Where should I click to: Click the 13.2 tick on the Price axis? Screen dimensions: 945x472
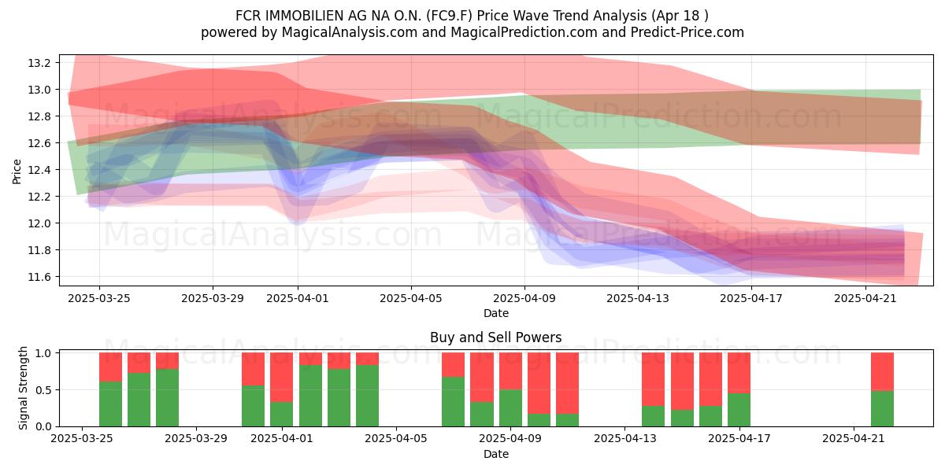click(39, 63)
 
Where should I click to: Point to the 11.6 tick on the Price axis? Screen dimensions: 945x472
click(39, 277)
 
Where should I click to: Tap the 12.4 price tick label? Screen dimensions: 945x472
click(39, 170)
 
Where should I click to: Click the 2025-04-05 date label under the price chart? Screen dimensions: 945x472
click(411, 299)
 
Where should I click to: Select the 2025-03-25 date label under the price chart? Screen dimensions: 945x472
click(99, 299)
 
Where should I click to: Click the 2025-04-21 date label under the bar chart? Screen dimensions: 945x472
click(854, 439)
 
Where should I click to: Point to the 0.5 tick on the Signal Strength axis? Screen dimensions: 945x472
click(43, 390)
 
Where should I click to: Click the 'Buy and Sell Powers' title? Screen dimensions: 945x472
click(495, 337)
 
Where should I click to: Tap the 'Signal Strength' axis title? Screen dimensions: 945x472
click(23, 388)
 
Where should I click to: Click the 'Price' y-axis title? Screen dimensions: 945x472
click(17, 171)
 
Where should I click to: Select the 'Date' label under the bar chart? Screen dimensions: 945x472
click(495, 454)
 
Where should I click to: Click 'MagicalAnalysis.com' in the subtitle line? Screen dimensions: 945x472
click(350, 32)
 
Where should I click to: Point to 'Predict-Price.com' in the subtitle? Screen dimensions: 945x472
click(687, 32)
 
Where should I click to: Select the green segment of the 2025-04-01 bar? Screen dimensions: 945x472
click(310, 396)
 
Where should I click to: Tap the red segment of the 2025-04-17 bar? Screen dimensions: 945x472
click(739, 373)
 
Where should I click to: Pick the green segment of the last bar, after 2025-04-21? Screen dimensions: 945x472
click(882, 409)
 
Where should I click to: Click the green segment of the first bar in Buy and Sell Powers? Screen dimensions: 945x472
click(110, 404)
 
